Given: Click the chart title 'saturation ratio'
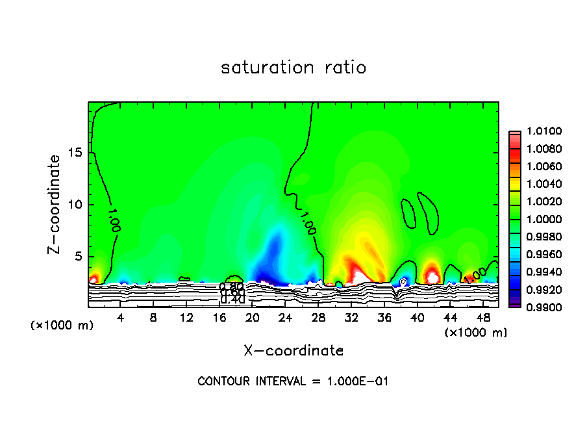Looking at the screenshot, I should tap(293, 68).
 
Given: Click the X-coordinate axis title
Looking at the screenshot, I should tap(293, 351).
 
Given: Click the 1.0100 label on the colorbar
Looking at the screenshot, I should tap(541, 132).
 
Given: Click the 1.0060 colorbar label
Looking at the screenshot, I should tap(541, 167).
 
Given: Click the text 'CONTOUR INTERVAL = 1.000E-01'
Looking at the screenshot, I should tap(293, 381).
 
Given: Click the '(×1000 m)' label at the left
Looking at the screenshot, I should tap(62, 326).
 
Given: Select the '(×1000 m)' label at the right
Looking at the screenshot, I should tap(476, 333).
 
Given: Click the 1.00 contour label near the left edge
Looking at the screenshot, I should tap(114, 220).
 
